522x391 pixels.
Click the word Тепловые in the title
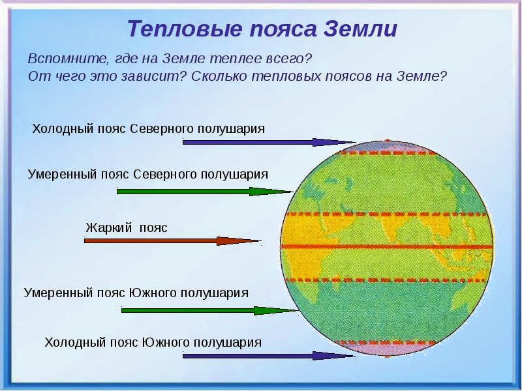[x=185, y=29]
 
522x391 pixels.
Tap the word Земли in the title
[x=361, y=28]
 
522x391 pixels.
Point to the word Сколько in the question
[x=219, y=76]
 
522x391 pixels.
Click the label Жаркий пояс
[x=127, y=227]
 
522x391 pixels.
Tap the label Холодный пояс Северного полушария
[x=149, y=128]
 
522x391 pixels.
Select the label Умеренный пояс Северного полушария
[x=148, y=174]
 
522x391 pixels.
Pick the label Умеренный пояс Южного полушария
[x=136, y=293]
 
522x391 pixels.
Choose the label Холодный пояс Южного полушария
[x=153, y=342]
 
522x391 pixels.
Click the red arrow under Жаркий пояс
[x=172, y=240]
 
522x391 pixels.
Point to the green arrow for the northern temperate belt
[x=206, y=191]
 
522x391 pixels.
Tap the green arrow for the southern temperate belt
[x=209, y=311]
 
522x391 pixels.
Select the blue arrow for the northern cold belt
[x=269, y=142]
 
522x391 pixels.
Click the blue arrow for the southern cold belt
[x=269, y=356]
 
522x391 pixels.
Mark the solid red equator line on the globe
[x=387, y=247]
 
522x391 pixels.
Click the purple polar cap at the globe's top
[x=387, y=147]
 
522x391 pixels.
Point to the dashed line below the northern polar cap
[x=387, y=153]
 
